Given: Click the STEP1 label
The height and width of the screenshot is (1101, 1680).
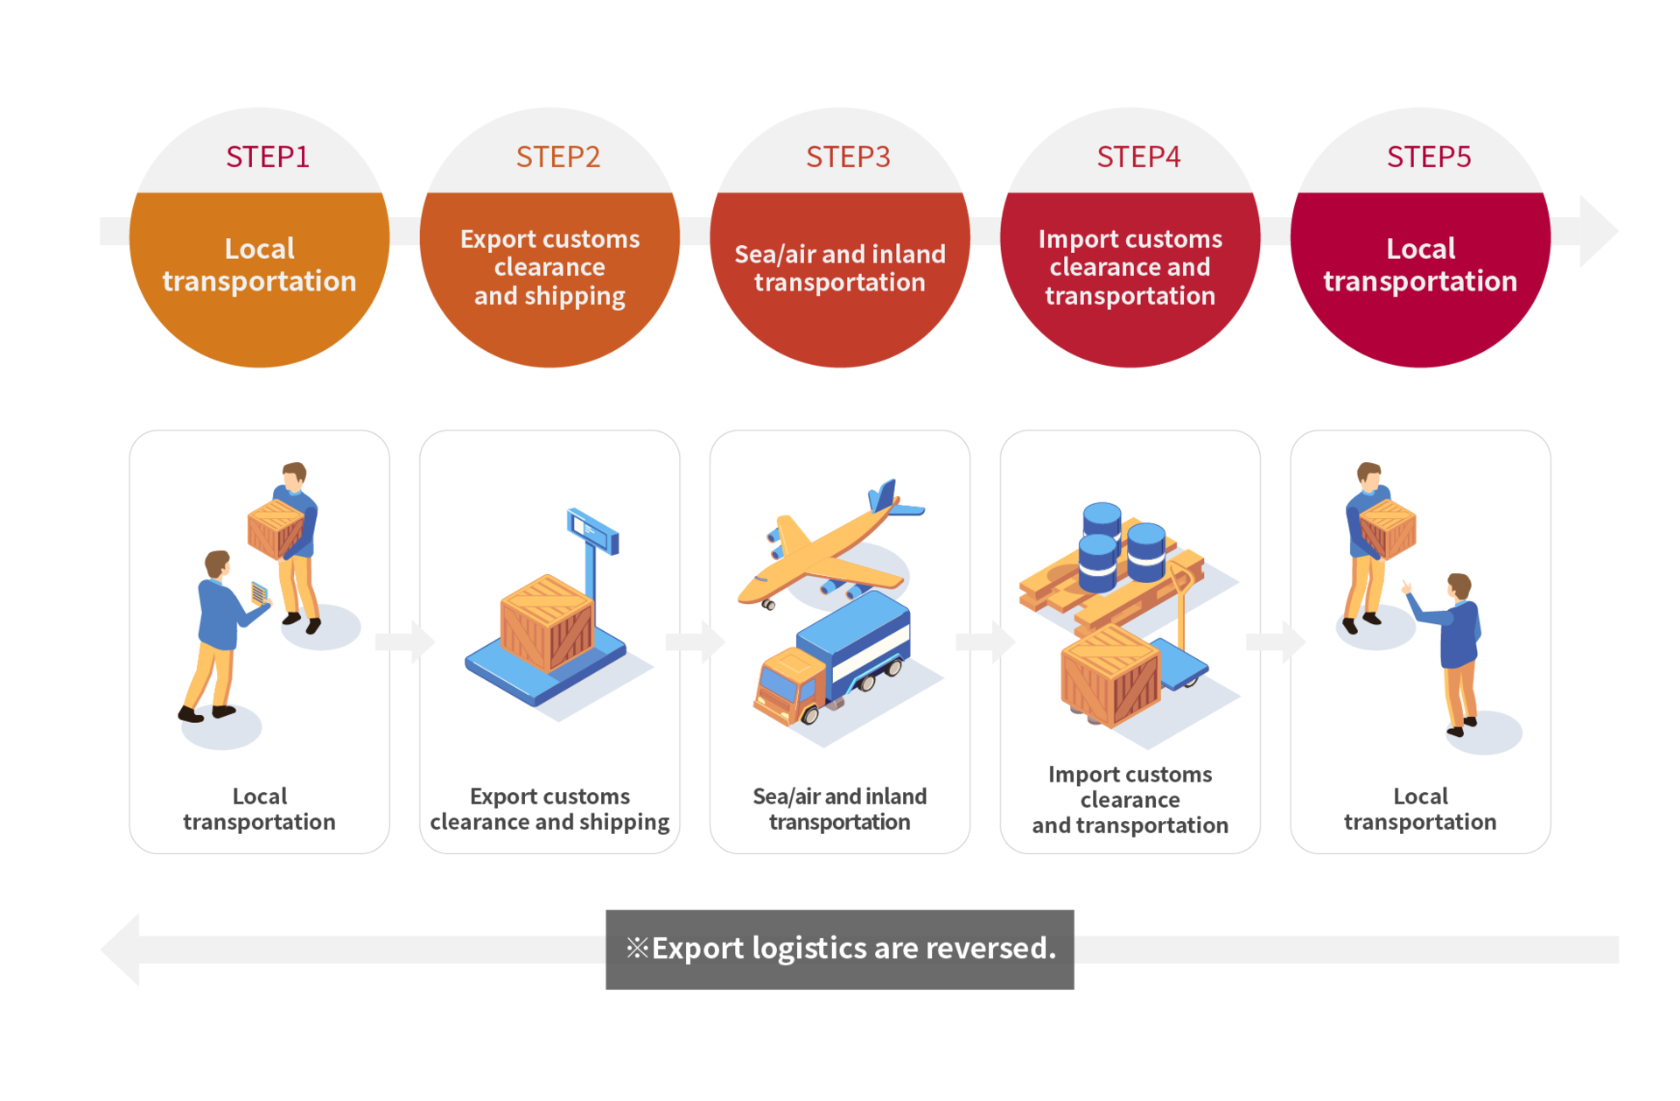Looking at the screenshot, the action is (x=268, y=157).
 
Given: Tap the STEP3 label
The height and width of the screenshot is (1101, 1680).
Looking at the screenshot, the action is (x=848, y=157).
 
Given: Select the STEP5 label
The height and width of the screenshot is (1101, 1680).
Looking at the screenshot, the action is (x=1429, y=157).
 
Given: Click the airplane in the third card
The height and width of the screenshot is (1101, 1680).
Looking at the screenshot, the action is (x=827, y=547).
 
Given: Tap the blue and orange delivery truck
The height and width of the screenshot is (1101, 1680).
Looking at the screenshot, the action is (x=833, y=661).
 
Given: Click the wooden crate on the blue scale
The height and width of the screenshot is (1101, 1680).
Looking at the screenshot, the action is (x=547, y=623).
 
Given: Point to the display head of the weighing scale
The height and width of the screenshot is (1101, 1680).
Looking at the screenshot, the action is (x=592, y=530).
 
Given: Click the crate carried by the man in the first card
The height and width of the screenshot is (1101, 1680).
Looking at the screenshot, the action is (x=276, y=529).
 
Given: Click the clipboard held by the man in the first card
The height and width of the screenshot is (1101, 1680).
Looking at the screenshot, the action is (x=259, y=593).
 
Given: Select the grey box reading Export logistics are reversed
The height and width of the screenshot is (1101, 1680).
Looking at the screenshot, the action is (x=840, y=950).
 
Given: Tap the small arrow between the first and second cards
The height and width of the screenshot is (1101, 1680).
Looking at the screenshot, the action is (x=405, y=642).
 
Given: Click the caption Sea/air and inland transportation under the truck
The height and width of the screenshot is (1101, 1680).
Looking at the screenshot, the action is (x=840, y=809).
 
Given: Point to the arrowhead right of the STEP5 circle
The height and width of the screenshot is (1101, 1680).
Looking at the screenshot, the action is (x=1599, y=231).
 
